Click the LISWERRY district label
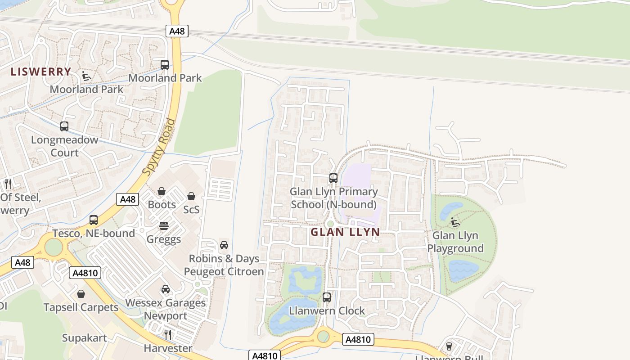[41, 72]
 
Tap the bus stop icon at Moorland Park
[165, 64]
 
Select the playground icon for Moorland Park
[86, 76]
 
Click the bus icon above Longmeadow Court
[64, 126]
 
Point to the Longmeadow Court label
[64, 146]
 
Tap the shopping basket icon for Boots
[162, 192]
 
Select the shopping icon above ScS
[191, 196]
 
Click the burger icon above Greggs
[164, 226]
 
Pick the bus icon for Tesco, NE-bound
[94, 220]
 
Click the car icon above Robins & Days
[224, 245]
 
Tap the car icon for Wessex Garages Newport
[166, 289]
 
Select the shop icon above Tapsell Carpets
[81, 294]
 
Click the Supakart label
[85, 338]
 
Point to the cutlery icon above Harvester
[168, 334]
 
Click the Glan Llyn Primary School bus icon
[333, 178]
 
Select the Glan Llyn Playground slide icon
[455, 222]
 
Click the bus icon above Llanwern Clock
[327, 297]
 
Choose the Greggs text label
[164, 239]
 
